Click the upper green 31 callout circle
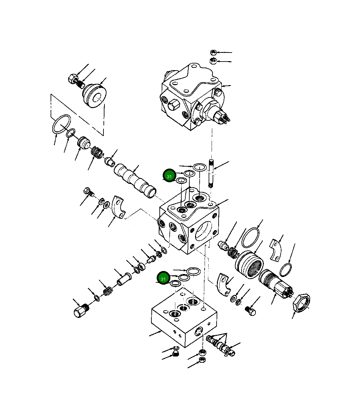[x=169, y=176]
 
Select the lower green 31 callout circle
[x=163, y=278]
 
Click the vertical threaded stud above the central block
[x=211, y=173]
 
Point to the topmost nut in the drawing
[x=214, y=53]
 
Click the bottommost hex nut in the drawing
[x=202, y=360]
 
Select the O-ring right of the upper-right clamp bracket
[x=286, y=269]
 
